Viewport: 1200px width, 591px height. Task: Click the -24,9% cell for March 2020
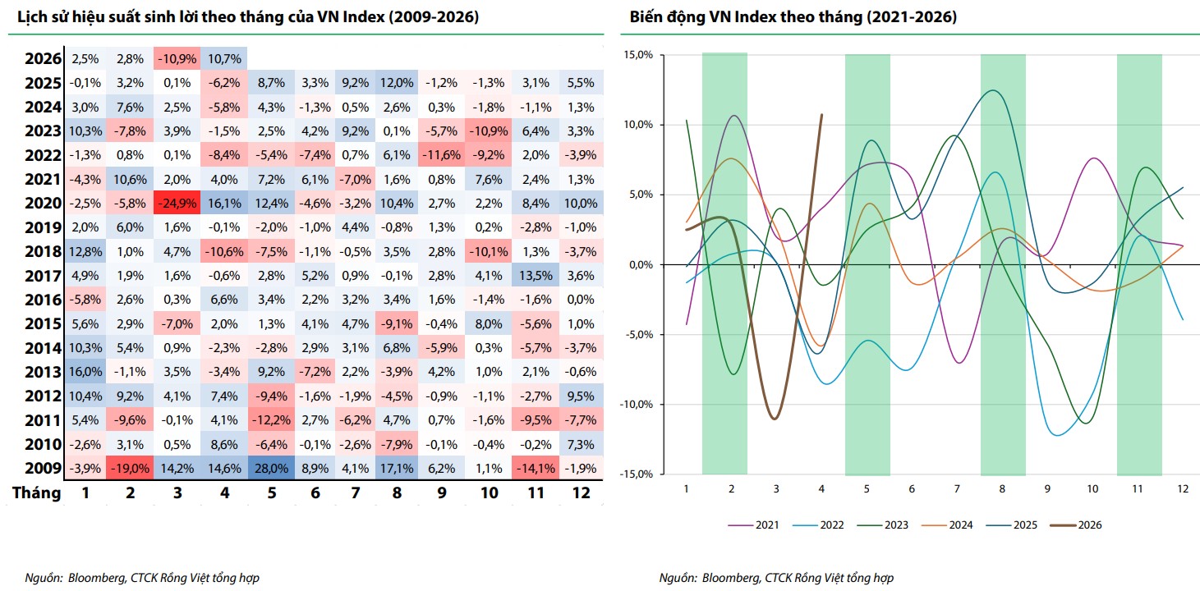pyautogui.click(x=177, y=204)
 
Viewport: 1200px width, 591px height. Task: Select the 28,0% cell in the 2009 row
pyautogui.click(x=271, y=469)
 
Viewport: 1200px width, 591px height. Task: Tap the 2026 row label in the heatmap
pyautogui.click(x=43, y=58)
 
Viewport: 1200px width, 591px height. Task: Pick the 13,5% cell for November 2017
pyautogui.click(x=536, y=276)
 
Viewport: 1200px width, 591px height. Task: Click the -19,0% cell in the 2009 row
pyautogui.click(x=130, y=469)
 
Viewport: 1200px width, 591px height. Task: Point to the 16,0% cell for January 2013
pyautogui.click(x=85, y=372)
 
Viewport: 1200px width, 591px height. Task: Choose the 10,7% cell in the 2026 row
pyautogui.click(x=224, y=59)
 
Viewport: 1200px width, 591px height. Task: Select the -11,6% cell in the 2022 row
pyautogui.click(x=441, y=155)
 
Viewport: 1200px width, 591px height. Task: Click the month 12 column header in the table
pyautogui.click(x=582, y=492)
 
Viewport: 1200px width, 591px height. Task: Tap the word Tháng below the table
pyautogui.click(x=37, y=492)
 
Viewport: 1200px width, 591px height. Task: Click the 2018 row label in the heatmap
pyautogui.click(x=43, y=252)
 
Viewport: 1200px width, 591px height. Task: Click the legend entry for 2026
pyautogui.click(x=1076, y=525)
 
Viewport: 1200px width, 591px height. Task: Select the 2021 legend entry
pyautogui.click(x=753, y=525)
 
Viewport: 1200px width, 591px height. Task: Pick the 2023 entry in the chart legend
pyautogui.click(x=882, y=525)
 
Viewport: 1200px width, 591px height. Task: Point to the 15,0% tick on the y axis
pyautogui.click(x=638, y=55)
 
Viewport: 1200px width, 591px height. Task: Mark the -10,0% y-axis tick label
pyautogui.click(x=637, y=404)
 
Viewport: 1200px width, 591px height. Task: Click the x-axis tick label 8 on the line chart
pyautogui.click(x=1002, y=488)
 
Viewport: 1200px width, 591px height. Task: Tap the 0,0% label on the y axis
pyautogui.click(x=641, y=264)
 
